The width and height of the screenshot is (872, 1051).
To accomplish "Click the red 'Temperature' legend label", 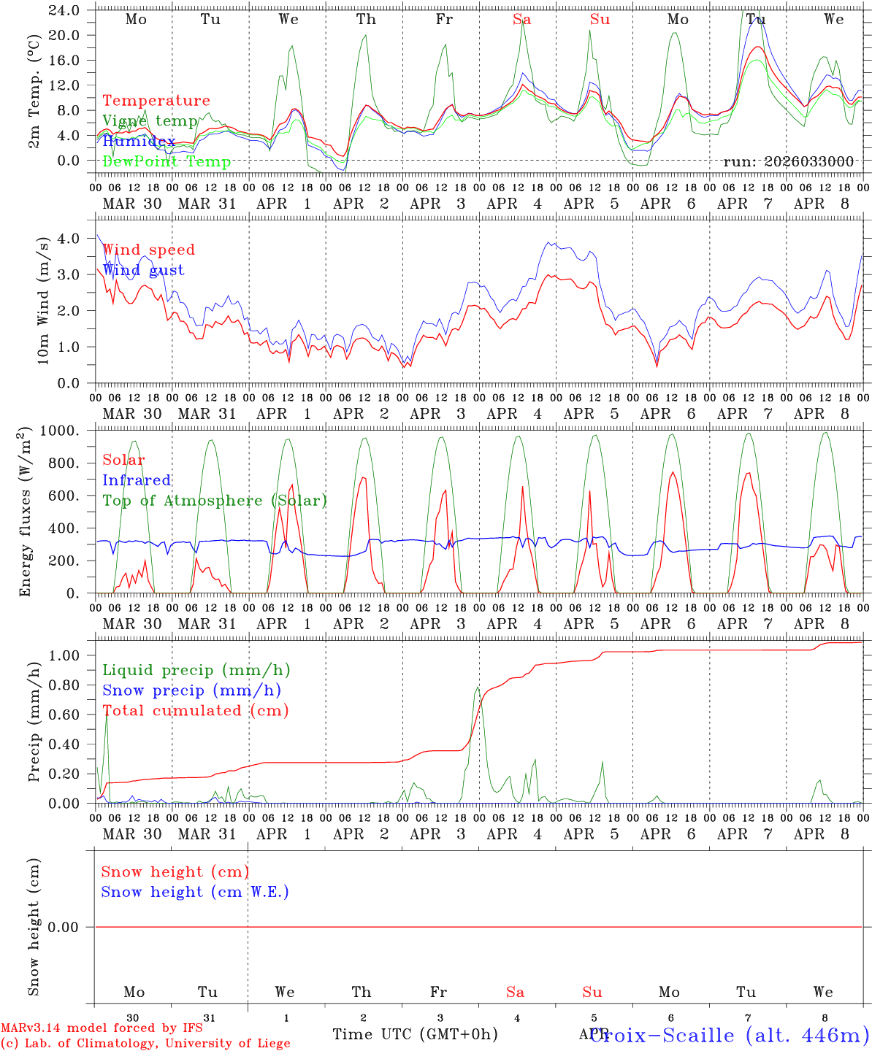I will coord(156,101).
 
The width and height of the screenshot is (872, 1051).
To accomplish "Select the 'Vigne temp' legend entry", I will coord(150,121).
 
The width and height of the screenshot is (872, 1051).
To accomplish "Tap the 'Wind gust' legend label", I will coord(143,270).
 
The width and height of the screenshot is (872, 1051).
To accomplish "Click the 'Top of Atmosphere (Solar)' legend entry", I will coord(215,501).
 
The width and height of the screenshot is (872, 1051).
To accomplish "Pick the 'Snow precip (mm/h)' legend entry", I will coord(191,690).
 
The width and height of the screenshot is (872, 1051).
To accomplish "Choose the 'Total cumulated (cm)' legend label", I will coord(195,711).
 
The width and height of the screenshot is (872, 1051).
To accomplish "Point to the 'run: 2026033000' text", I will coord(788,162).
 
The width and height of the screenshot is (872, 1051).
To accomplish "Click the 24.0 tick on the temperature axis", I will coord(64,10).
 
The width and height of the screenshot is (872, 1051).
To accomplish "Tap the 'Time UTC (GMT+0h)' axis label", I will coord(415,1034).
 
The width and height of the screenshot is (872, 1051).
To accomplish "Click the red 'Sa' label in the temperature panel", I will coord(521,20).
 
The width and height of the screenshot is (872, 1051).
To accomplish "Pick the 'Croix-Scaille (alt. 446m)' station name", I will coord(729,1035).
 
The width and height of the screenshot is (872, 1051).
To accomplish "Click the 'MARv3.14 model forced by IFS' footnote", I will coord(102,1028).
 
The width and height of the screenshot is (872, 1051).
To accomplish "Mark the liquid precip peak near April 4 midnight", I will coord(478,687).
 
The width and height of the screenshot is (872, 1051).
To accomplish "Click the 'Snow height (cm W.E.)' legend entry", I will coord(194,892).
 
